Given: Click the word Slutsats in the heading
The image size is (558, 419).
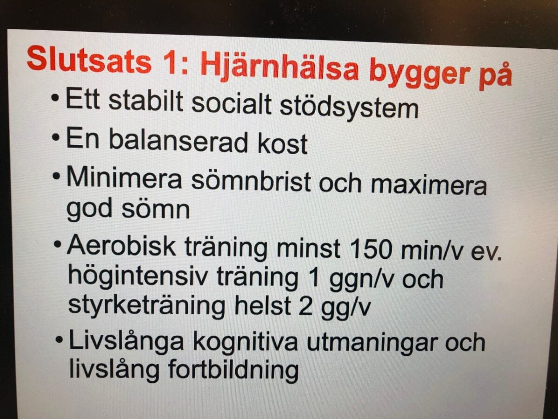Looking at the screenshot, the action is (x=89, y=59).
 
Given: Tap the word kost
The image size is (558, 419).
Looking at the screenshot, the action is (x=282, y=143).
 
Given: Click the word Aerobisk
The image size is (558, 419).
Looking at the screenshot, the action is (x=121, y=245).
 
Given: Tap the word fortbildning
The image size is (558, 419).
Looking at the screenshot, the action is (x=233, y=370).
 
